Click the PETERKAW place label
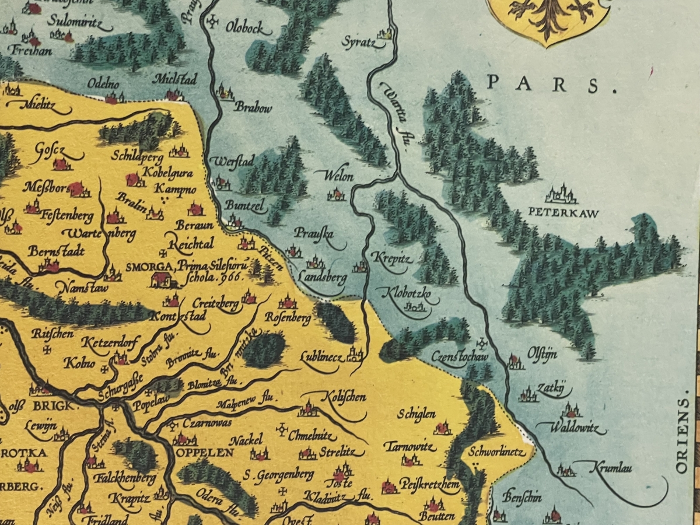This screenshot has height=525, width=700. click(563, 213)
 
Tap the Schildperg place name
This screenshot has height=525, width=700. click(140, 156)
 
